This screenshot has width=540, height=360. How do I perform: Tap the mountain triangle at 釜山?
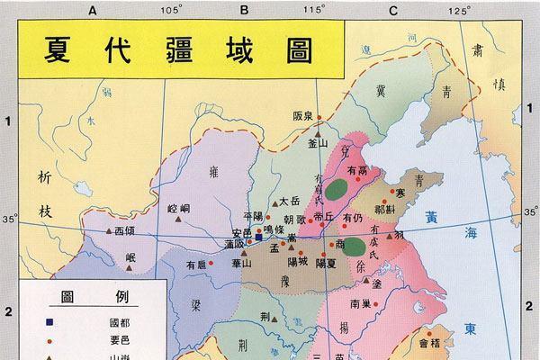coord(318,131)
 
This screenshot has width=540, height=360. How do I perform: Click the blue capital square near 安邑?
coord(258,238)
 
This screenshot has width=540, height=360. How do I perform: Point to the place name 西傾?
coord(130,230)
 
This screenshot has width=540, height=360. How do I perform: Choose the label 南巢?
coord(361,302)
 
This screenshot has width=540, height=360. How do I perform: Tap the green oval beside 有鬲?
coord(337,190)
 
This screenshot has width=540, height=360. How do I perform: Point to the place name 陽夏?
coord(325,263)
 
